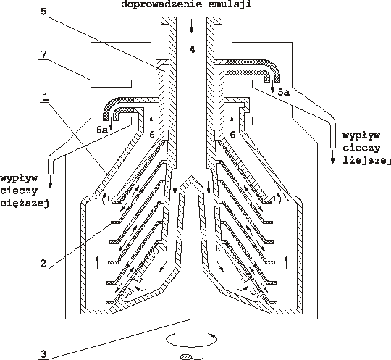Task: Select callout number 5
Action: pos(43,12)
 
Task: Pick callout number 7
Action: pos(43,54)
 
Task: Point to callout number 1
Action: pos(45,97)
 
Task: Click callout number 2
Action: pos(43,263)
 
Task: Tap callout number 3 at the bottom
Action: pos(43,353)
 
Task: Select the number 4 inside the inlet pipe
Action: pos(192,49)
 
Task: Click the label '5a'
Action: pos(284,92)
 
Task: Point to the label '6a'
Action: pos(102,130)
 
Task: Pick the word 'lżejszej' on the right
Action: pos(367,160)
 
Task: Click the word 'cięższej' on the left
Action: pos(25,203)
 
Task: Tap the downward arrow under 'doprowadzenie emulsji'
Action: pos(191,25)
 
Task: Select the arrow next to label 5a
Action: pos(273,86)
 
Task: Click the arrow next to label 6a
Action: pos(112,124)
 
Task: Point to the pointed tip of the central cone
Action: pos(191,176)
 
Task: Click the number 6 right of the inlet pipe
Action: pos(232,135)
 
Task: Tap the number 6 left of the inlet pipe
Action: pos(152,135)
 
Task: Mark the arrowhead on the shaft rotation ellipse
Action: pos(211,335)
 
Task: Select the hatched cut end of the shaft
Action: pos(186,357)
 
